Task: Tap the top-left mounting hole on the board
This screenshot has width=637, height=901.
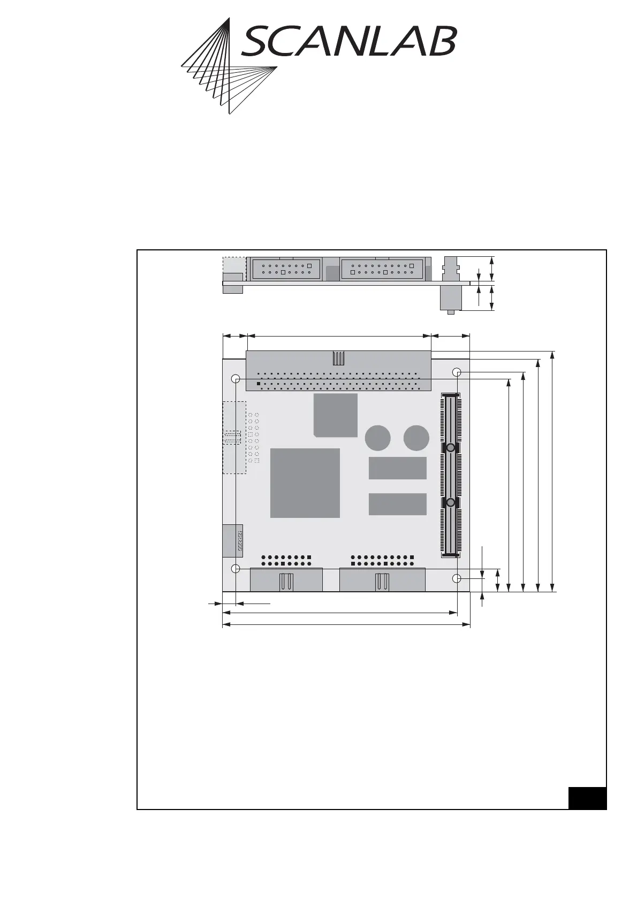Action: (x=235, y=379)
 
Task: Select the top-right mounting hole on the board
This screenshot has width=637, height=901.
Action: (x=457, y=372)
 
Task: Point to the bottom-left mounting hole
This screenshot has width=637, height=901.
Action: (x=235, y=568)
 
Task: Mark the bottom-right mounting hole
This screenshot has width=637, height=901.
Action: (x=457, y=578)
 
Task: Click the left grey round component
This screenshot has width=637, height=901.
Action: (x=378, y=438)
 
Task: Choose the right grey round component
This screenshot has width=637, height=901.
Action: (x=416, y=438)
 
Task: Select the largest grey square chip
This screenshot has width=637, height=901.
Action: (x=305, y=483)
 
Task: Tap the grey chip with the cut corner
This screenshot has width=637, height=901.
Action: (x=336, y=415)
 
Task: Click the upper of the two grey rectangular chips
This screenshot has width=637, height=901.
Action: (x=398, y=468)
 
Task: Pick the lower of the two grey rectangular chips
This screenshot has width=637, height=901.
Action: (x=398, y=504)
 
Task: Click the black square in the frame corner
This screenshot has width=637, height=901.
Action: (x=587, y=798)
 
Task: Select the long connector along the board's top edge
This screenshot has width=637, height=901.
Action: (x=338, y=371)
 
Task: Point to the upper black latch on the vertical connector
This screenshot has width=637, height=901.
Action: (x=451, y=447)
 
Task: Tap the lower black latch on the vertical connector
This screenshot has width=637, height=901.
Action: (x=451, y=503)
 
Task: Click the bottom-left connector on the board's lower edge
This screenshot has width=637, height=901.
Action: (x=286, y=580)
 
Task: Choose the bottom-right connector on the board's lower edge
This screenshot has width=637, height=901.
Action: (x=382, y=580)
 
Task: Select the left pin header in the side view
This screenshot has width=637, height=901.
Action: (x=286, y=268)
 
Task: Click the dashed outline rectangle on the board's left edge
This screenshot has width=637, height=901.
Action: (x=234, y=437)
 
